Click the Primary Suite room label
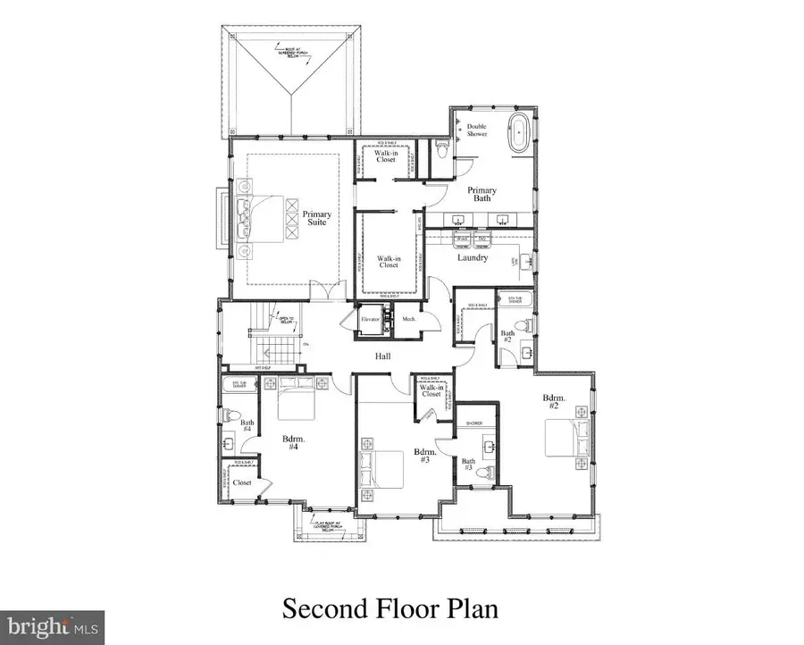[316, 218]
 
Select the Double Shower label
[477, 130]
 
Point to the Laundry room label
[473, 258]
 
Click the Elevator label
[370, 319]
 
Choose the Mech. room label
[409, 319]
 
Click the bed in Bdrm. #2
[567, 439]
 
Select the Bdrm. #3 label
[423, 457]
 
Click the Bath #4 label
[247, 426]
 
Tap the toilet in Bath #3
[486, 473]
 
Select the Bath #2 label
[507, 337]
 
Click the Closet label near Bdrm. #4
[242, 482]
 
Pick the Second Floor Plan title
[389, 608]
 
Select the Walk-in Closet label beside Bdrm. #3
[431, 390]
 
